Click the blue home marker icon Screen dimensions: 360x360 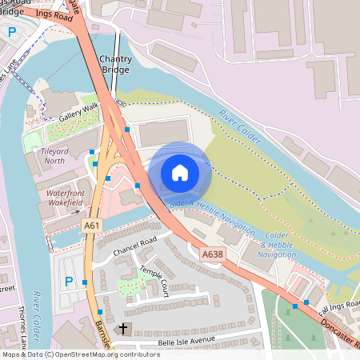180,172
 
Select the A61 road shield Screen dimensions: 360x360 92,226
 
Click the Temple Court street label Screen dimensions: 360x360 153,277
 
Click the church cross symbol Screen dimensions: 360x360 123,329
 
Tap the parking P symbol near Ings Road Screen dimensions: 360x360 11,31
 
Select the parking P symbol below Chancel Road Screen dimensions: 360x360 68,281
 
